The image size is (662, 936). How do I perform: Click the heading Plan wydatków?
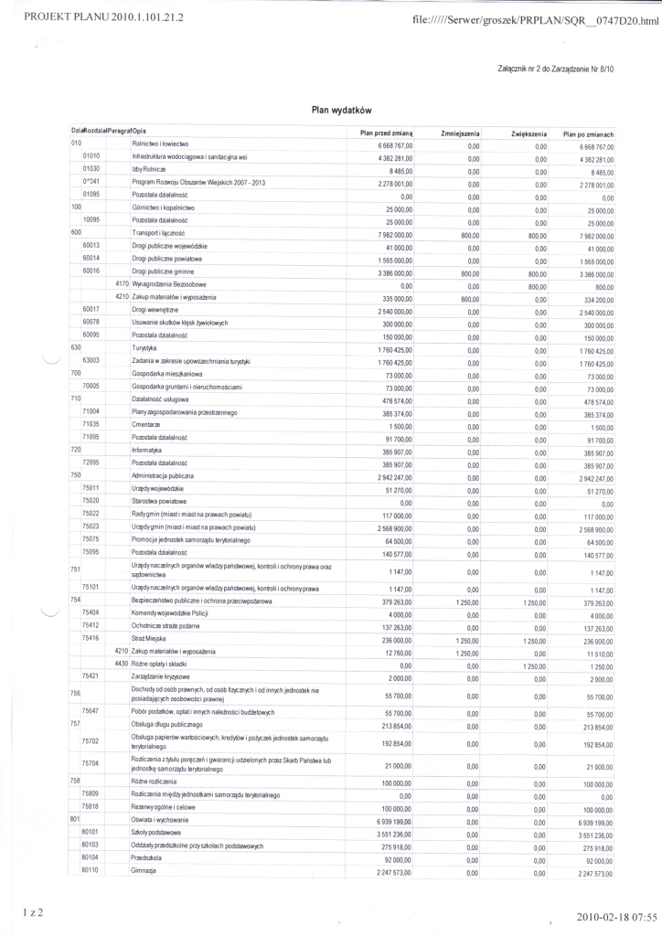click(340, 109)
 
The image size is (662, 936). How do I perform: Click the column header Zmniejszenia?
click(461, 133)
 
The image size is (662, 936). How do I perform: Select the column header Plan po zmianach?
click(588, 133)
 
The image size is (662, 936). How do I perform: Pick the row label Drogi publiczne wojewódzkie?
click(169, 246)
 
